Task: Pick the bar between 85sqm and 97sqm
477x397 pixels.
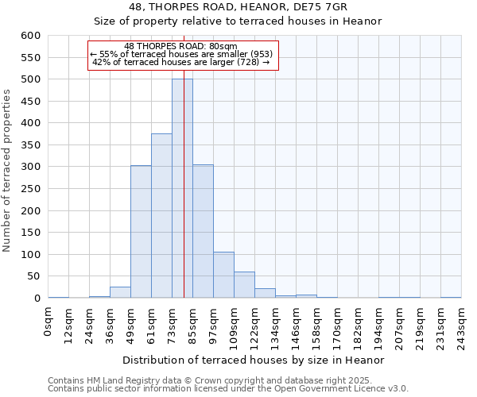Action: [203, 231]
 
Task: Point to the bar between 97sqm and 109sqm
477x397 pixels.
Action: [223, 275]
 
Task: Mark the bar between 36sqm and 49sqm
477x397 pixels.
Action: [120, 292]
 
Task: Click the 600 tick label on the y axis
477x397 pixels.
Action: [30, 36]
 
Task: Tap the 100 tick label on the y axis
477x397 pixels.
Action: [30, 255]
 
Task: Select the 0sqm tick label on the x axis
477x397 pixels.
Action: [48, 323]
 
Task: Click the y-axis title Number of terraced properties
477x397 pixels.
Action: [7, 170]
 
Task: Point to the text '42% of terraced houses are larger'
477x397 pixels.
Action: [176, 62]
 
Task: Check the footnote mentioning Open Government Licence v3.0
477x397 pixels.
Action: [228, 388]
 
